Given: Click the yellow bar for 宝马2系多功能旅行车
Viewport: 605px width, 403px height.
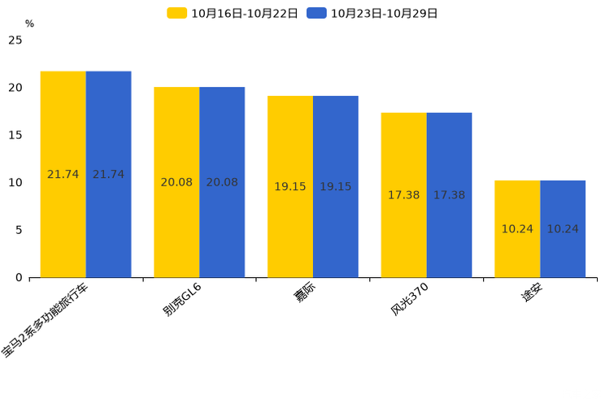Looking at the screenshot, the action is tap(63, 175).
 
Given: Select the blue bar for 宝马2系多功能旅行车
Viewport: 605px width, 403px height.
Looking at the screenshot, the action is tap(109, 175).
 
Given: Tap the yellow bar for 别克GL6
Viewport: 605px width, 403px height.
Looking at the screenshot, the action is tap(176, 182).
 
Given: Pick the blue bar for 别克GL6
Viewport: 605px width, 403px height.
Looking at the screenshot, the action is tap(222, 182).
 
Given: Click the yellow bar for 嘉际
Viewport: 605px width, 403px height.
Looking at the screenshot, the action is tap(290, 187).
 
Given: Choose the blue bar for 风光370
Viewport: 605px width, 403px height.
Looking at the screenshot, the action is tap(450, 195).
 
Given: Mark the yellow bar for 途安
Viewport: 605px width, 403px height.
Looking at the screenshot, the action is tap(517, 228).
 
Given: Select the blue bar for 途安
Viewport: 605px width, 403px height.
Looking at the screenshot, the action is tap(563, 228).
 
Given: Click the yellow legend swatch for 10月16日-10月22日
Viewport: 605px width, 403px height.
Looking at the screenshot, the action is tap(177, 13).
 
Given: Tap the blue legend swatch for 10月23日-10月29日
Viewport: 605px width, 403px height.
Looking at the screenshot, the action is tap(317, 13).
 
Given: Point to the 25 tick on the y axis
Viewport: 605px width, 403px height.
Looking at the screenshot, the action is tap(15, 40).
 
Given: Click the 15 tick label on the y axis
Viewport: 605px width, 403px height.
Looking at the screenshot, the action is tap(15, 135).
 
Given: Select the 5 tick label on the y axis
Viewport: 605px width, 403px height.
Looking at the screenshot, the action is tap(19, 230).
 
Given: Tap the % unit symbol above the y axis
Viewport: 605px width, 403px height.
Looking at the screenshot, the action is tap(30, 24).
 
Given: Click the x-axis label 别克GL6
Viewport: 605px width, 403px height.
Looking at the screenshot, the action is tap(181, 299).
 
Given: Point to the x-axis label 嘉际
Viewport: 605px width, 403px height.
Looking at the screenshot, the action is tap(304, 292).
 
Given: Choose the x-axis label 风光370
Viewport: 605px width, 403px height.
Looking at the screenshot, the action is tap(409, 299).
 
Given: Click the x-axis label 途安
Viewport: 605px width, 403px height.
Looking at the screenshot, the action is tap(532, 292).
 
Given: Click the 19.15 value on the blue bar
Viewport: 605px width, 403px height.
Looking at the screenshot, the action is tap(336, 187).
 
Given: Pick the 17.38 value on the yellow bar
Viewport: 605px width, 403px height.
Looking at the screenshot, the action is tap(403, 195).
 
